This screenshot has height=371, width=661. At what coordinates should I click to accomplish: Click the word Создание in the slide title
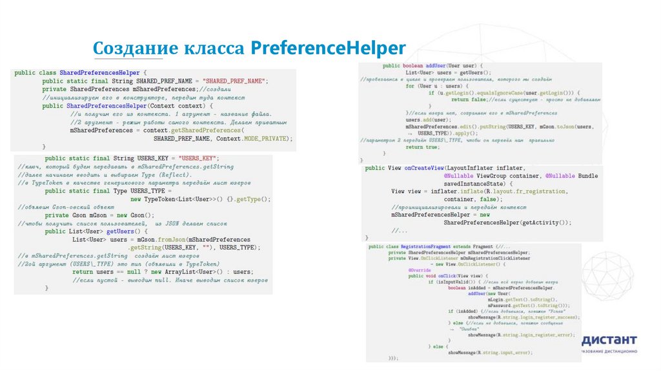point(132,48)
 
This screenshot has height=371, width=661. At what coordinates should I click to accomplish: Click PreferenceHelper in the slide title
point(327,48)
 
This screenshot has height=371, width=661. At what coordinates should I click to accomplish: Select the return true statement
point(423,147)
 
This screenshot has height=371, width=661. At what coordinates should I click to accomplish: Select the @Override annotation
point(416,270)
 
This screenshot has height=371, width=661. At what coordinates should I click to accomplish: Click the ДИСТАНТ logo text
point(609,340)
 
